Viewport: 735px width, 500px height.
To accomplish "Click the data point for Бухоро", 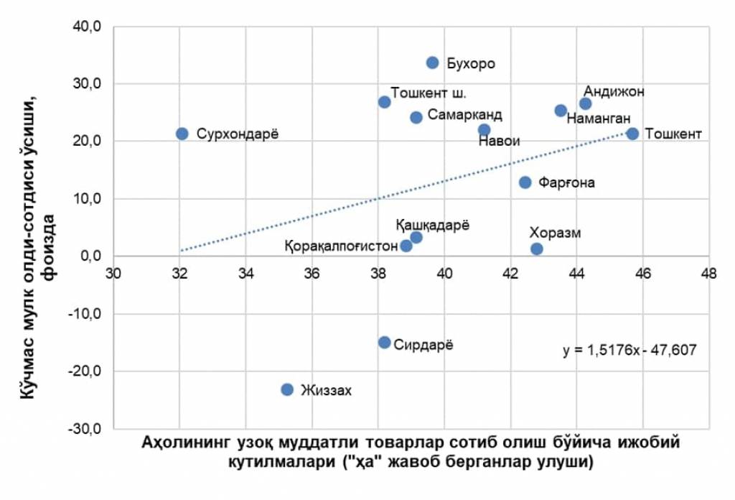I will tap(432, 62).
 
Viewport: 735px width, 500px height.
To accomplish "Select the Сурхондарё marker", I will tap(182, 134).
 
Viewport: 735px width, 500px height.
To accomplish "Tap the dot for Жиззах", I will tap(287, 389).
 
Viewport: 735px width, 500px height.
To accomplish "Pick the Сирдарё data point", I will tap(385, 343).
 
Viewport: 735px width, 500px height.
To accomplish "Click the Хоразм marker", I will tap(537, 249).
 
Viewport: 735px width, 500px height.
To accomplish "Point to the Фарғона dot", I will tap(525, 182).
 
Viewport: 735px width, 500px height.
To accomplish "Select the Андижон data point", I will tap(586, 103).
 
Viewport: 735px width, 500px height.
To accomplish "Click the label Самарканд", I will tap(465, 115).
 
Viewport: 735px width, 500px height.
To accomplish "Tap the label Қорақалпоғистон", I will tap(342, 246).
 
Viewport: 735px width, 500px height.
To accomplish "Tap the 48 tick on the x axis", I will tap(709, 274).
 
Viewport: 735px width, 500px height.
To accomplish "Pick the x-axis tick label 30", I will tap(113, 274).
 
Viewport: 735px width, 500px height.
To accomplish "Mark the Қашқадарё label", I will tap(432, 224).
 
